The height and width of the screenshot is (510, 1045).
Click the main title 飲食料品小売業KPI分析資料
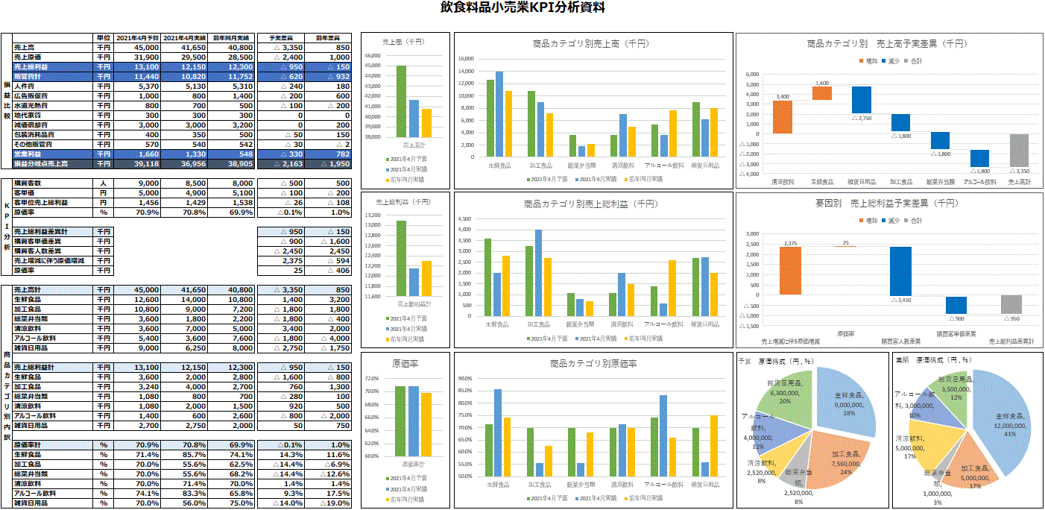click(x=522, y=8)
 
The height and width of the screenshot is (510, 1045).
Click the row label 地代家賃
click(x=31, y=116)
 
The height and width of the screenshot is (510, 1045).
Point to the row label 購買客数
click(x=31, y=183)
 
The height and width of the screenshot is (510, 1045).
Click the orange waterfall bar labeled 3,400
click(x=783, y=117)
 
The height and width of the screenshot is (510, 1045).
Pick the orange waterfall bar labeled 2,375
click(x=790, y=271)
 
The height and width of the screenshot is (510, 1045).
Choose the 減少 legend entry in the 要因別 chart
click(x=891, y=221)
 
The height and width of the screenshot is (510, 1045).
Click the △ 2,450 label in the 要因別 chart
click(x=900, y=300)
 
